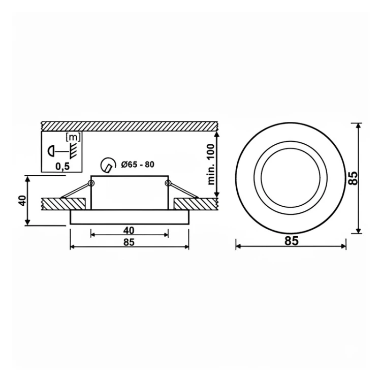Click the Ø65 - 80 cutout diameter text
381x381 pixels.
138,165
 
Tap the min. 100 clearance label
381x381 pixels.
212,165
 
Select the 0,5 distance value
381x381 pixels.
62,167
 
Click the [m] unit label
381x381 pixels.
73,137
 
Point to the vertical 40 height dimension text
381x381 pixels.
22,201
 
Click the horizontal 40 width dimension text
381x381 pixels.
129,230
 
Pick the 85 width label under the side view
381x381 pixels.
129,242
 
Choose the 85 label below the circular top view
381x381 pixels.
292,241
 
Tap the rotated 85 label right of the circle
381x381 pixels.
353,178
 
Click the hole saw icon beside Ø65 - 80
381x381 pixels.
108,165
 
